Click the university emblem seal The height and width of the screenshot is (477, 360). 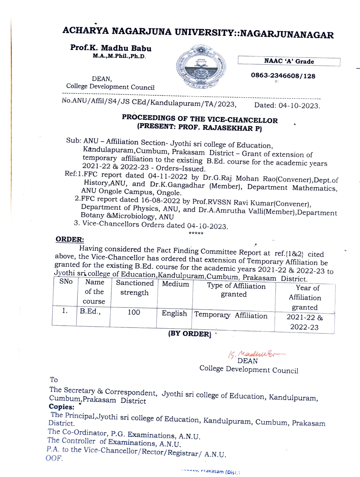point(201,67)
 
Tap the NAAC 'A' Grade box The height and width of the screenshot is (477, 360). point(289,61)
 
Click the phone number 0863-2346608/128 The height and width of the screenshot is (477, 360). point(283,76)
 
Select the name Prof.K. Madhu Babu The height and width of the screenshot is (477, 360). point(111,48)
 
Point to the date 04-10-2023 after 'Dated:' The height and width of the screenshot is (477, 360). point(299,105)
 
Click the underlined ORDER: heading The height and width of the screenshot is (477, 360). point(70,239)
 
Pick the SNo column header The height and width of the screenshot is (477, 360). point(66,281)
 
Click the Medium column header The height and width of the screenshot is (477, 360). point(175,284)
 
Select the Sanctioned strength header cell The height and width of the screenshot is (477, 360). point(135,288)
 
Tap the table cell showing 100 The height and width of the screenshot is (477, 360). point(134,312)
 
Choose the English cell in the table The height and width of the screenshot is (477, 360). point(174,313)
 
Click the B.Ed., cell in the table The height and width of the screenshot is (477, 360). point(90,311)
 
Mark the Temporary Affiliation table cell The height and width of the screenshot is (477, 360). point(231,315)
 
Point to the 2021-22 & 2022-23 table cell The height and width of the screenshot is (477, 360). point(304,322)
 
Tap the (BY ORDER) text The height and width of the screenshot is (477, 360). point(190,334)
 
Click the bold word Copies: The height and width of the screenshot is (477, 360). point(61,407)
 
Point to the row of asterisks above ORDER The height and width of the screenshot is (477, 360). point(196,234)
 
